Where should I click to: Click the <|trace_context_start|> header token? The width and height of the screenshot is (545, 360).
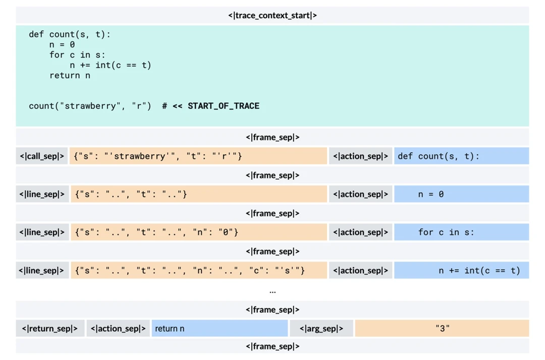[x=272, y=16]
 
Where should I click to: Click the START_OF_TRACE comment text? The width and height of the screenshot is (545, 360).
[x=223, y=106]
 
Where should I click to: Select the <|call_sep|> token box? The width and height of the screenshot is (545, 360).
[x=42, y=156]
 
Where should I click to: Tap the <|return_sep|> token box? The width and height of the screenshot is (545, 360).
[x=49, y=329]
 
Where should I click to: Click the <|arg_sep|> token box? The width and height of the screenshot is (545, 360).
[x=321, y=329]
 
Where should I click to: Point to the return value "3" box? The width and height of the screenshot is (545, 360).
[x=442, y=329]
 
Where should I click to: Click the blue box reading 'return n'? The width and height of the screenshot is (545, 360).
[x=220, y=329]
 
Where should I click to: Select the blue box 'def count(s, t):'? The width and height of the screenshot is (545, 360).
[x=461, y=156]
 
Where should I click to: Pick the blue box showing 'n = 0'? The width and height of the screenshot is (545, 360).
[x=461, y=194]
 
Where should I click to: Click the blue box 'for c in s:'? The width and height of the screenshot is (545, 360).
[x=461, y=232]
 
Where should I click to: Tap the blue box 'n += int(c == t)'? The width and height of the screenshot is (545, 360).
[x=461, y=271]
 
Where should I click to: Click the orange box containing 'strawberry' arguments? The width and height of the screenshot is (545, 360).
[x=198, y=156]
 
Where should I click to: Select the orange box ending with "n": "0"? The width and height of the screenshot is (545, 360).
[x=198, y=232]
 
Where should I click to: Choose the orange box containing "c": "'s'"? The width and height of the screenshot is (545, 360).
[x=198, y=271]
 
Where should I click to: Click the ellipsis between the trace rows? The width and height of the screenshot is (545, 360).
[x=272, y=291]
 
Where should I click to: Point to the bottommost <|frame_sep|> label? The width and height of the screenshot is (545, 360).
[x=272, y=346]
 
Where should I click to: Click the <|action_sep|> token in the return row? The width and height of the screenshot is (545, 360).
[x=118, y=329]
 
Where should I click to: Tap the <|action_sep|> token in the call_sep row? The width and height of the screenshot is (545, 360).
[x=360, y=156]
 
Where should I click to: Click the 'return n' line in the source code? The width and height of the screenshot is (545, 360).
[x=70, y=76]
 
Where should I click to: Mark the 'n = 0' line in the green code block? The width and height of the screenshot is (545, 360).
[x=62, y=45]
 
